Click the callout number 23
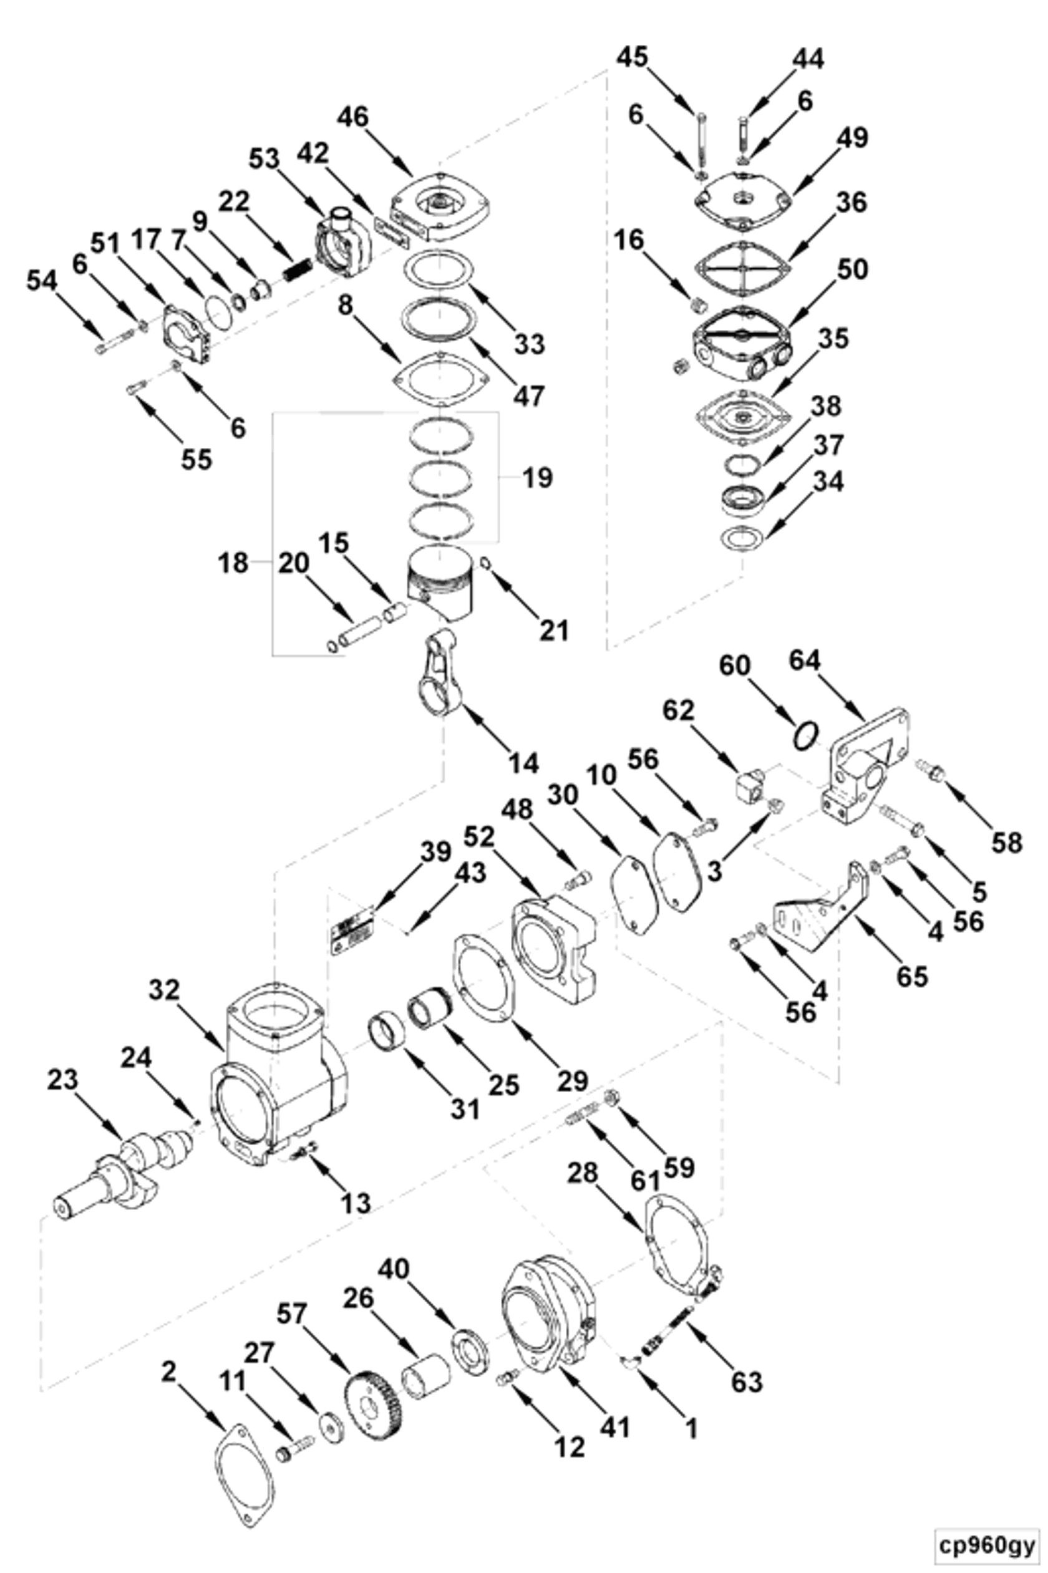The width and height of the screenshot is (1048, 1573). (x=62, y=1080)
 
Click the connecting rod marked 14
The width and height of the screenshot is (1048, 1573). (x=438, y=675)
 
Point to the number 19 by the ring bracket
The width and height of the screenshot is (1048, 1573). (x=537, y=478)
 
